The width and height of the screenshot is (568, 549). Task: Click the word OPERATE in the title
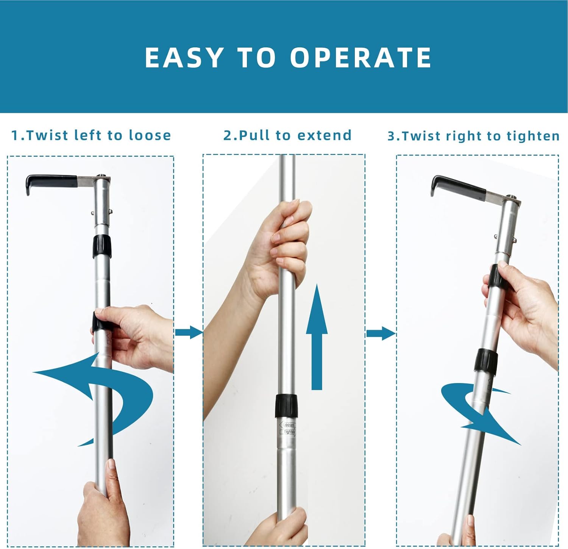coord(360,58)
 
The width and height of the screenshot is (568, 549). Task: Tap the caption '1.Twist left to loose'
coord(91,135)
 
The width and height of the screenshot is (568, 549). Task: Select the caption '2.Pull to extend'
coord(287,135)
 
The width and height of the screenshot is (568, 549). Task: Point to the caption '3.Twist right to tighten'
coord(473,136)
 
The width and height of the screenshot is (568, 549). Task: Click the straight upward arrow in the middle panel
coord(317,337)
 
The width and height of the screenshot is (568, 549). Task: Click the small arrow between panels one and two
coord(189,333)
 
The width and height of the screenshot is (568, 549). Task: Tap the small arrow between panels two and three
coord(381,334)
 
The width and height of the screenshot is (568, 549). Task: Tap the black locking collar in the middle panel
coord(286,405)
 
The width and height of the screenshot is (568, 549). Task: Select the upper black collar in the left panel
coord(102,246)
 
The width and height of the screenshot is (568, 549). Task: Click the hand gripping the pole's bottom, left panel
coord(100,508)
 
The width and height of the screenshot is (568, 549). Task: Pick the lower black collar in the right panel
coord(486,360)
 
